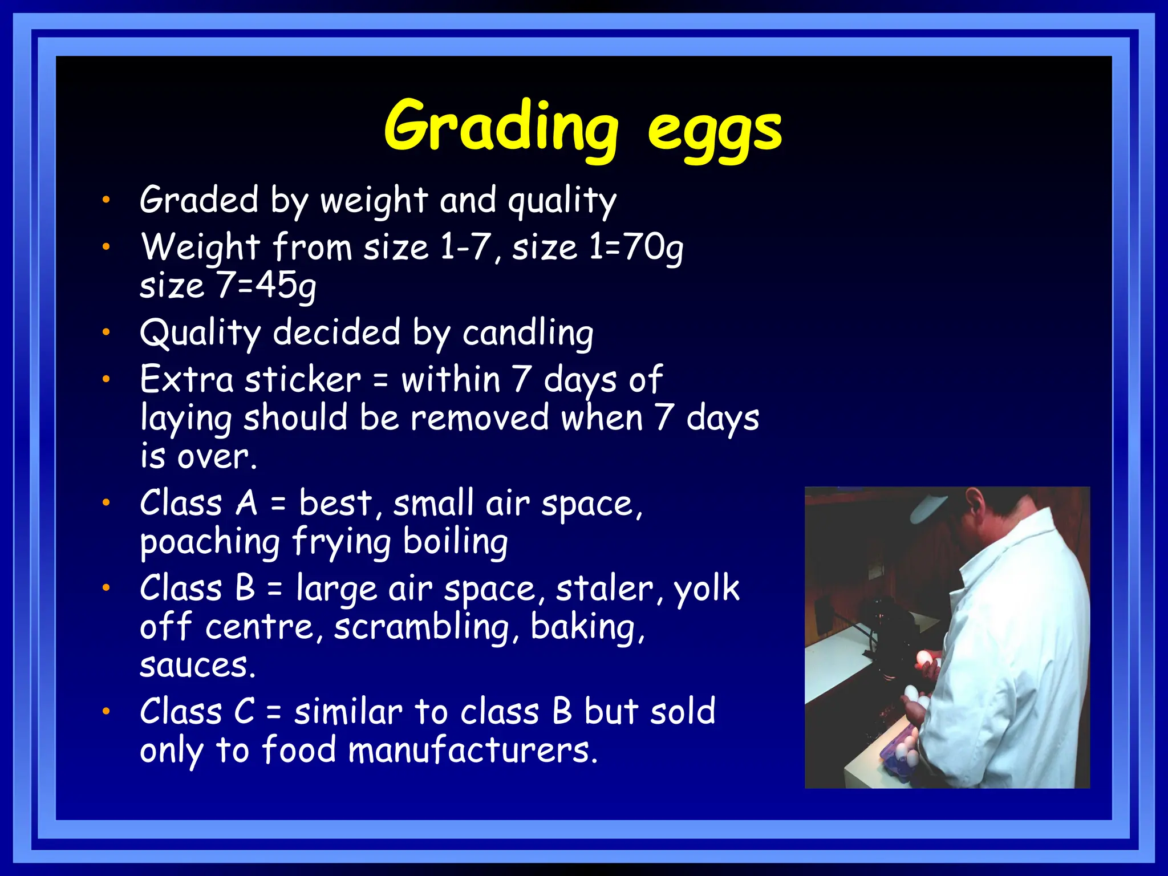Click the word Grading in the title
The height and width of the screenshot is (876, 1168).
coord(501,127)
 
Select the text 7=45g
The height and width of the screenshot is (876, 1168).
coord(266,286)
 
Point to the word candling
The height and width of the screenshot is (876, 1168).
coord(528,333)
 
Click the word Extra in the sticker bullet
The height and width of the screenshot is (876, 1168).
coord(186,380)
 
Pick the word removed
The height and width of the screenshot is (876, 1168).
coord(480,418)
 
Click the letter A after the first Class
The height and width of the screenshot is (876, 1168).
coord(246,504)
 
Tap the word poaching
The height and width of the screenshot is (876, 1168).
coord(210,542)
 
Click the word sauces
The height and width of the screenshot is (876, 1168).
coord(197,666)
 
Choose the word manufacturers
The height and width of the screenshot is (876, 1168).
coord(473,751)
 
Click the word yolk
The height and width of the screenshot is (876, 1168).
coord(707,589)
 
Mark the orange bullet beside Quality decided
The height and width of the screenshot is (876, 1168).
coord(106,332)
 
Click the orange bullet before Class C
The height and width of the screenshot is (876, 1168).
coord(106,711)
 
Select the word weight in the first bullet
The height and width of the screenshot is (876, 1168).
coord(374,201)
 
